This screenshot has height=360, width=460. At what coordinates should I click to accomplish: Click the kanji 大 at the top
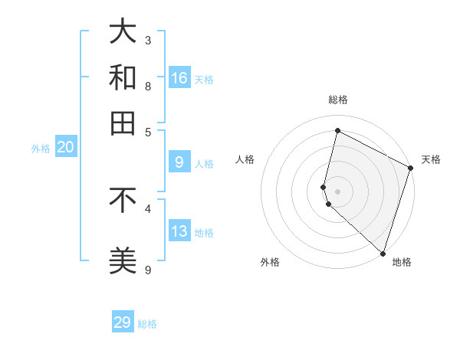(123, 32)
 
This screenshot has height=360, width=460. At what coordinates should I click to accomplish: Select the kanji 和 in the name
(123, 78)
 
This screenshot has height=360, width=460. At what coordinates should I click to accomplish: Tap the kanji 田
(123, 123)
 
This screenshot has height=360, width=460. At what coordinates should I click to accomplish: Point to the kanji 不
(123, 200)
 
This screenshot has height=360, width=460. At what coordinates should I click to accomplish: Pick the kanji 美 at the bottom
(123, 261)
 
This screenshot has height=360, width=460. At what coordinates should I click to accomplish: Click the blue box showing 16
(179, 78)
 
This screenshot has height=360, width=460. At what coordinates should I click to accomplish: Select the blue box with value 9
(179, 162)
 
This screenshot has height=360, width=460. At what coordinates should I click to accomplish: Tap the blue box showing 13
(179, 231)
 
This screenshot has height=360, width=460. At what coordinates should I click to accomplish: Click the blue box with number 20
(65, 148)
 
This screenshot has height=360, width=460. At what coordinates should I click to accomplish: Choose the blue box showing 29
(123, 322)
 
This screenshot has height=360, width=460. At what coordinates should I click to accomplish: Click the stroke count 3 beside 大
(148, 40)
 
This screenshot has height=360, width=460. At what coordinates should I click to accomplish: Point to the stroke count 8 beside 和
(148, 86)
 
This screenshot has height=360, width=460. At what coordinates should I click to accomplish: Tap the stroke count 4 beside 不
(148, 208)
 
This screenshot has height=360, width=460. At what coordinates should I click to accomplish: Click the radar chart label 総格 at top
(337, 100)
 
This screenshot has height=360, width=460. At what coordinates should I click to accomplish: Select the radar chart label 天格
(431, 159)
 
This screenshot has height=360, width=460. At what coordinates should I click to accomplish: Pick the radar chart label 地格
(402, 263)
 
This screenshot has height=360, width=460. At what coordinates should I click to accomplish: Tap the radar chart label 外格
(270, 263)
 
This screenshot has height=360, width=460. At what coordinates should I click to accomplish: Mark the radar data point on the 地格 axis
(383, 254)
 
